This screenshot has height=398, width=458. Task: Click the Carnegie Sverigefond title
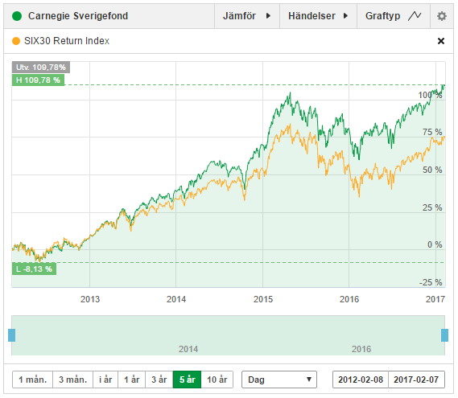pos(77,16)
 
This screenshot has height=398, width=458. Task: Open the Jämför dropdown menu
pos(246,16)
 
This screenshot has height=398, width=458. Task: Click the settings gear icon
pos(441,16)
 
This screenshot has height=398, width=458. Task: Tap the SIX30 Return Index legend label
pos(68,41)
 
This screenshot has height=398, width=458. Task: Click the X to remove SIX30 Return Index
pos(440,41)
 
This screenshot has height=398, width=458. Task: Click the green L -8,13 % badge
pos(34,269)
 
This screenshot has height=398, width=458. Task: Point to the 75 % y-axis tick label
pos(432,132)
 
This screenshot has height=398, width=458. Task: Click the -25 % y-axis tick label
pos(431,282)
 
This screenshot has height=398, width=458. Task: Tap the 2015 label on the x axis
pos(263,299)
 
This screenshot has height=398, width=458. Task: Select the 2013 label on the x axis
pos(90,299)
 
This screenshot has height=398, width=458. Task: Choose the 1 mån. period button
pos(31,380)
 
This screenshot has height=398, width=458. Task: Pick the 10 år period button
pos(217,380)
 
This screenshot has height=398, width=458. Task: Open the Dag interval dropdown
pos(281,380)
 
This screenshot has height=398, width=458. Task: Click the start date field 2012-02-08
pos(361,380)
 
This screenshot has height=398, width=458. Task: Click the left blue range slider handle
pos(11,334)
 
